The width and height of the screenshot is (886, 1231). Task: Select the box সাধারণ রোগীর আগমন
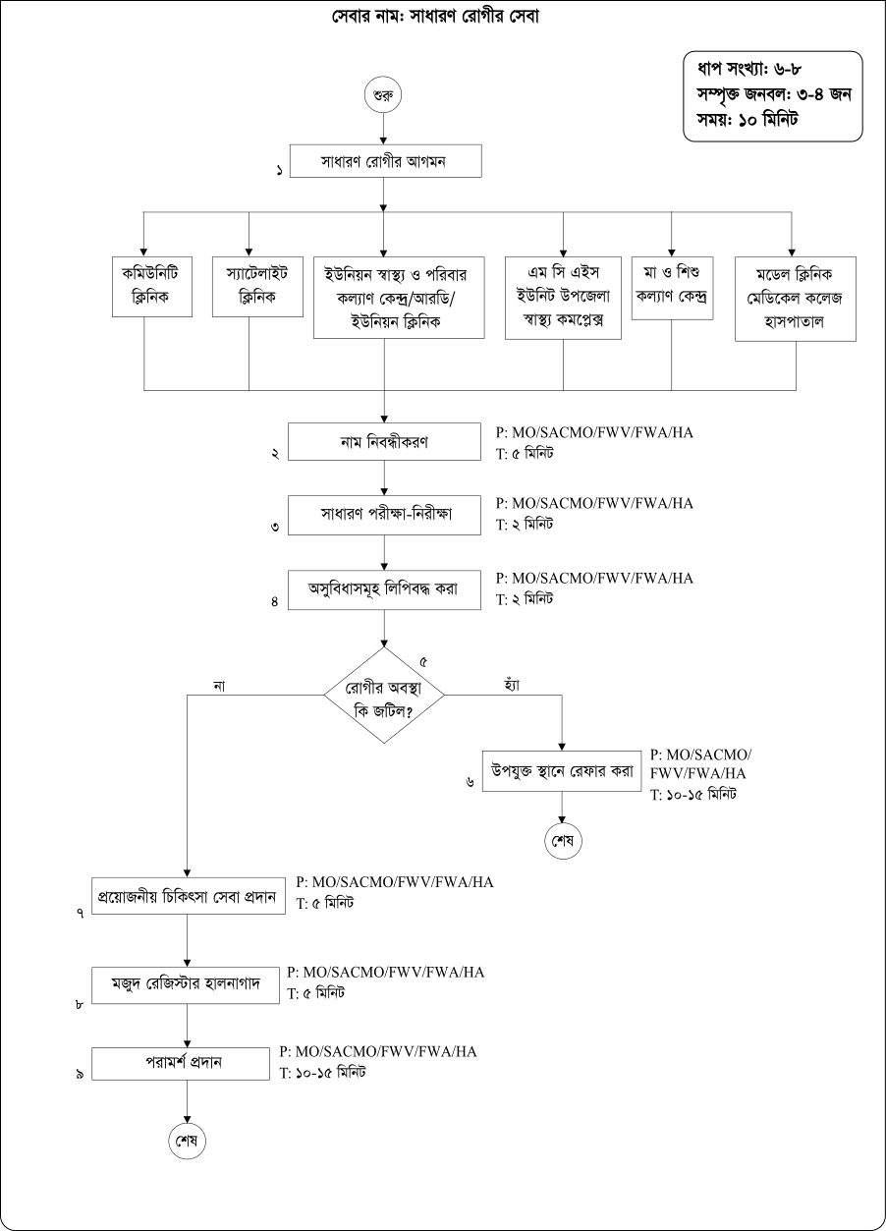tap(384, 162)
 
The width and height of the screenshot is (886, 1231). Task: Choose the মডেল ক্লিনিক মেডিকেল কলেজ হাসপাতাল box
tap(796, 299)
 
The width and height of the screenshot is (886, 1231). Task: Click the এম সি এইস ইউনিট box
tap(564, 298)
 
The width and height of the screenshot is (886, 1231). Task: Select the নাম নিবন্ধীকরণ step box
tap(384, 441)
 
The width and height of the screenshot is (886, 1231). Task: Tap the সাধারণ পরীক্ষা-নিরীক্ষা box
tap(384, 514)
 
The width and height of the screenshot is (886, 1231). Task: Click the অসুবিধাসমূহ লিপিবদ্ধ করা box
tap(384, 588)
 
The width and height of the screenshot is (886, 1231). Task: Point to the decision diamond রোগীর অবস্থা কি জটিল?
tap(384, 696)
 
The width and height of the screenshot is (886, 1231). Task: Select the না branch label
tap(218, 684)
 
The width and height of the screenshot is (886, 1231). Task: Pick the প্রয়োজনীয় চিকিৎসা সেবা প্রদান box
tap(187, 896)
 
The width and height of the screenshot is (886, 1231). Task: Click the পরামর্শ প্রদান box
tap(181, 1064)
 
